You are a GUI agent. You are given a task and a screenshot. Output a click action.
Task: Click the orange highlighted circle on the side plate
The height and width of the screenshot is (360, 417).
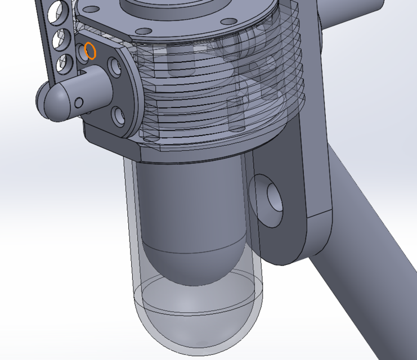tap(90, 51)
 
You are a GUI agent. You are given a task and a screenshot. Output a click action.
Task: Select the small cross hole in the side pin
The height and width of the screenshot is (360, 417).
tap(79, 102)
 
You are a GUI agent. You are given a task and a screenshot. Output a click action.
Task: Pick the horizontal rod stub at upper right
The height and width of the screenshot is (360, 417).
tap(366, 17)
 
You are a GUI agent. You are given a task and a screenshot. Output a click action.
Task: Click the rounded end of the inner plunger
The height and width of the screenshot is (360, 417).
tap(194, 267)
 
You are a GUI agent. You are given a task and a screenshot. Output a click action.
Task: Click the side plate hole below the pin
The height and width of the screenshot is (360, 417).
tap(119, 116)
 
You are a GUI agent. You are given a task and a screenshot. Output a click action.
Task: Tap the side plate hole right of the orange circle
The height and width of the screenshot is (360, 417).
tap(115, 68)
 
